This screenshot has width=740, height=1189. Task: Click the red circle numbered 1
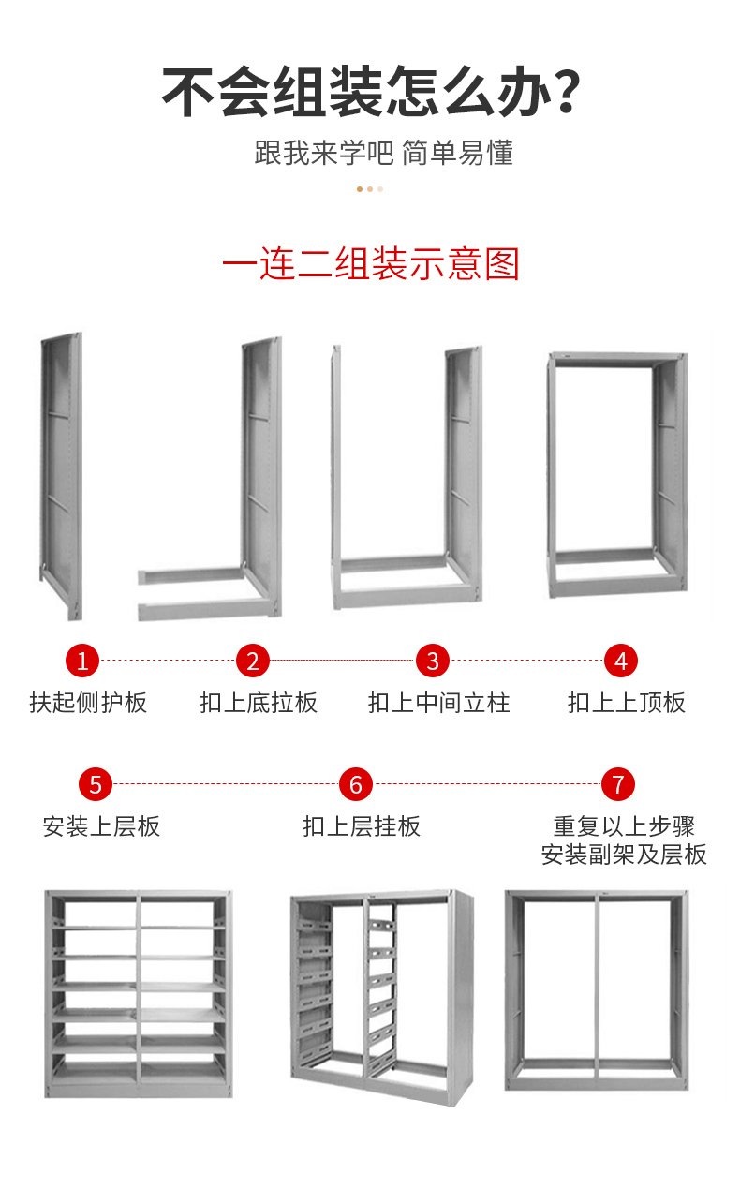tap(82, 661)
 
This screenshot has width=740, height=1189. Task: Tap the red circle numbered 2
tap(252, 661)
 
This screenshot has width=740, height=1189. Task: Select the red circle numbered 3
tap(433, 661)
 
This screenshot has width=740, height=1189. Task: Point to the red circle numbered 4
tap(620, 661)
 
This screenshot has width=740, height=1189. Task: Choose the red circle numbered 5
tap(96, 784)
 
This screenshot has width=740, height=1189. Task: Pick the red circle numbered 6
tap(356, 784)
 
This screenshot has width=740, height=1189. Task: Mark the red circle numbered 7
tap(617, 784)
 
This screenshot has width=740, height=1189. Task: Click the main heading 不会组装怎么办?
tap(371, 93)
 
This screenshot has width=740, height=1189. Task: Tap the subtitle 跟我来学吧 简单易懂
tap(383, 153)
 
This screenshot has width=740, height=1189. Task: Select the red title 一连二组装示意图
tap(371, 264)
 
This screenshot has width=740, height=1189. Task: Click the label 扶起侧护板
tap(88, 703)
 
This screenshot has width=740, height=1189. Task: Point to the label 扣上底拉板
tap(259, 703)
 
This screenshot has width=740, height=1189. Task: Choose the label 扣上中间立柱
tap(438, 703)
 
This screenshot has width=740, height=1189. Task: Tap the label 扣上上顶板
tap(627, 703)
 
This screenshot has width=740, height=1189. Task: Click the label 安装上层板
tap(101, 826)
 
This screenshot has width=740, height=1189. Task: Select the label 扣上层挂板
tap(362, 826)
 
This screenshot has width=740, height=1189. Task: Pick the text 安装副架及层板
tap(624, 855)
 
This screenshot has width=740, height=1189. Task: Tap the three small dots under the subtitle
tap(370, 189)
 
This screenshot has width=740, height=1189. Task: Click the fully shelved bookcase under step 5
tap(139, 993)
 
